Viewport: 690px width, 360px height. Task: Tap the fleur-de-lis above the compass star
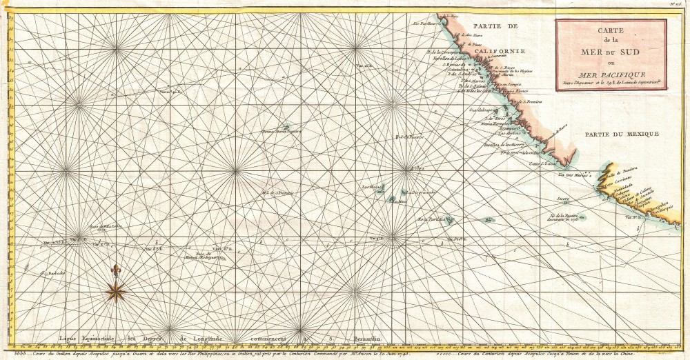point(115,269)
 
